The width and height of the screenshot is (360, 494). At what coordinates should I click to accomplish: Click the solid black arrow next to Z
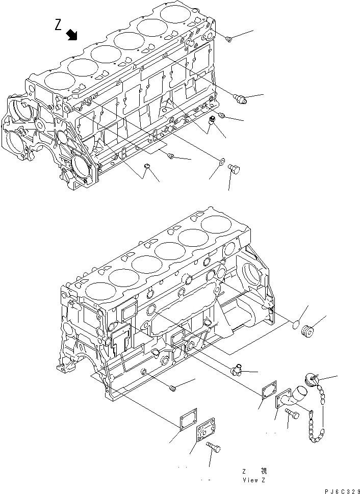point(72,34)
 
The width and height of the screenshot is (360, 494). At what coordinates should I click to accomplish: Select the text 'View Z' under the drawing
point(253,480)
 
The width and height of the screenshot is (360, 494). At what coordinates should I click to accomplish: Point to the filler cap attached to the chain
point(311,378)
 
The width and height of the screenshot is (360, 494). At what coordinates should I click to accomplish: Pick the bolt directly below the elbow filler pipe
point(292,418)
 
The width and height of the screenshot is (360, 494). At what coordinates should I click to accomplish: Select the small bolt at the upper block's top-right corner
point(229,38)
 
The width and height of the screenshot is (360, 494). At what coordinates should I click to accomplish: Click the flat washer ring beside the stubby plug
point(221,162)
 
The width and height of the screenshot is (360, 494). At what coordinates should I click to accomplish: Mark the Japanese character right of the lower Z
point(263,471)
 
